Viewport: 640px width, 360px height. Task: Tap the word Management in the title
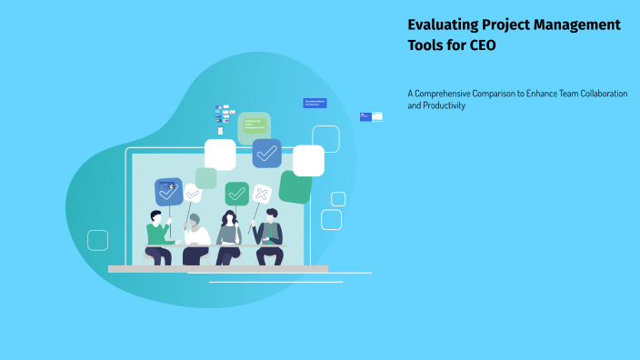[575, 25]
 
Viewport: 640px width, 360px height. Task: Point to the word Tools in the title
[429, 46]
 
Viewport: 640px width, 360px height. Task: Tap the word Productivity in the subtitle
[444, 105]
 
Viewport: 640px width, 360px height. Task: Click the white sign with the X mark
[261, 194]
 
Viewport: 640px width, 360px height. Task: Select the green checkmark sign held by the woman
[236, 193]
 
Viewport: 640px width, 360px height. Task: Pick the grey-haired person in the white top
[195, 238]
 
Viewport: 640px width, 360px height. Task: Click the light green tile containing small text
[254, 126]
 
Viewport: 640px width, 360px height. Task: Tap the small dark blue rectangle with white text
[315, 103]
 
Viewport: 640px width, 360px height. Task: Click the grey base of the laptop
[217, 269]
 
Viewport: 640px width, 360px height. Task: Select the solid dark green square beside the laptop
[295, 186]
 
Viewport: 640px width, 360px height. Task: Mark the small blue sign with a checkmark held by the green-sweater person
[168, 191]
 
